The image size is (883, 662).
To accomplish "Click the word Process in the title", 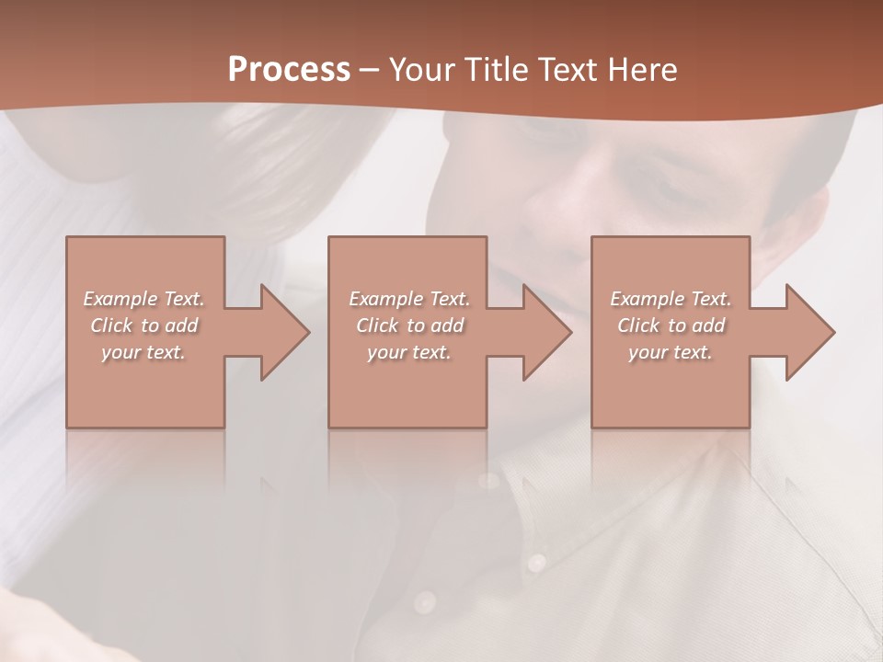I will click(289, 70).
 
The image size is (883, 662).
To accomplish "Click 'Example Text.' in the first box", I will click(143, 299).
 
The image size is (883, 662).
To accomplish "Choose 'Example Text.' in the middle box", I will click(409, 299).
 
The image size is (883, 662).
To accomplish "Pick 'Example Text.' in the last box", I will click(671, 299).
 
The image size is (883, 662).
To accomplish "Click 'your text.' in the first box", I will click(143, 352).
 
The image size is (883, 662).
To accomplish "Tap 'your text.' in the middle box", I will click(409, 352).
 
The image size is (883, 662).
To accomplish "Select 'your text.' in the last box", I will click(671, 352).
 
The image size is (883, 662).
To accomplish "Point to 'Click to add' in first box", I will click(143, 325).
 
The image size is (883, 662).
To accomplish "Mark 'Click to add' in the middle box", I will click(409, 325).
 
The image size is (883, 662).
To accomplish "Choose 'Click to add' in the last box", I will click(671, 325).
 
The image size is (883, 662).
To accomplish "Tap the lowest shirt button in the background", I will click(424, 602).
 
